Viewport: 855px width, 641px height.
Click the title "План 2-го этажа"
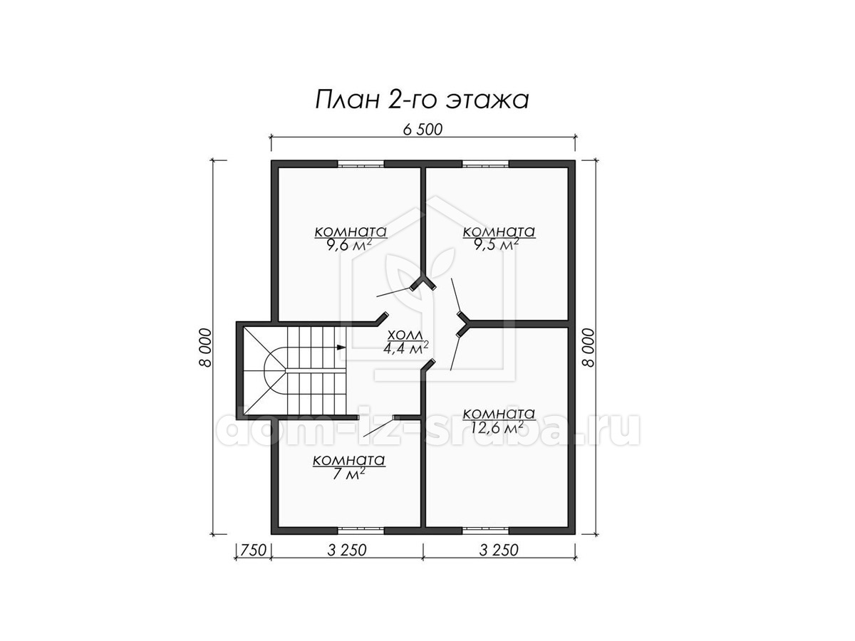(x=422, y=100)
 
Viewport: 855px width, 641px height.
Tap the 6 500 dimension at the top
(x=423, y=130)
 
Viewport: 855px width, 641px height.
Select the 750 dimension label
(x=253, y=551)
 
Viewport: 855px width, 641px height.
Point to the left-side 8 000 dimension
(x=205, y=348)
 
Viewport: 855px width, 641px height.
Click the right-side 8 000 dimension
(x=589, y=348)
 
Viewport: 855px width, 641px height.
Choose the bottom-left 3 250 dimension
(x=347, y=551)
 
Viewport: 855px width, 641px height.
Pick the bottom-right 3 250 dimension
(x=499, y=551)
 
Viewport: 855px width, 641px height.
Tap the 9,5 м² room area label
(x=497, y=245)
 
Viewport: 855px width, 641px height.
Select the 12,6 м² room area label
(x=497, y=428)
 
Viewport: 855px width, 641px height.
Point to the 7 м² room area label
(x=348, y=474)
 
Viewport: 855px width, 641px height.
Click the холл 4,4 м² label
(x=406, y=342)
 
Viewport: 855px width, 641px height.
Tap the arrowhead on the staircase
(x=341, y=347)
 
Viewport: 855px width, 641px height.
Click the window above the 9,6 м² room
(x=361, y=164)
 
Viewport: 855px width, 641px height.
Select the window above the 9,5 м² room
(x=486, y=164)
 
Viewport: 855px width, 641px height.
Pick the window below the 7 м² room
(x=361, y=530)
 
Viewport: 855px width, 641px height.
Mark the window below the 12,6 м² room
(x=486, y=530)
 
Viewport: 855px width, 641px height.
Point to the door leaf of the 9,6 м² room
(x=394, y=292)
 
